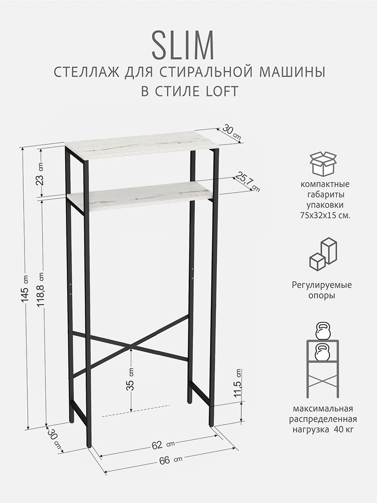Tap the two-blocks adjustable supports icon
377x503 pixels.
(x=323, y=254)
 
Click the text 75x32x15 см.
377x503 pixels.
(x=325, y=215)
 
